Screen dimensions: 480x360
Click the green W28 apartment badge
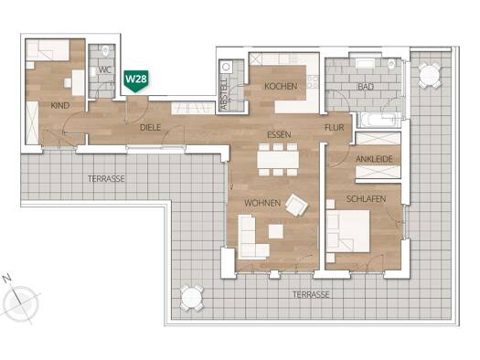[136, 81]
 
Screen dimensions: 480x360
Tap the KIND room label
[60, 106]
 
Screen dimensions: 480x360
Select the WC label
[105, 69]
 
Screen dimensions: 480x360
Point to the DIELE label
[150, 128]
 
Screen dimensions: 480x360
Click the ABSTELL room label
[224, 93]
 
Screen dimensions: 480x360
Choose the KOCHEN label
[281, 86]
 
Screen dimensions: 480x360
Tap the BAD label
[366, 87]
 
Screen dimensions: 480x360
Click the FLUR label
[335, 128]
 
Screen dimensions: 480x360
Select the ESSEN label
[279, 135]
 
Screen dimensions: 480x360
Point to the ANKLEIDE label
[374, 159]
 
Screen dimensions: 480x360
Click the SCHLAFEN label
[366, 199]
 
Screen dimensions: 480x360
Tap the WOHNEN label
[262, 203]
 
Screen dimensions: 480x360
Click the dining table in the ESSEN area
[278, 159]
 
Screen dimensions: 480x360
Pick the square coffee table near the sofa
[276, 231]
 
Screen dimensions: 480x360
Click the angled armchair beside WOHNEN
[296, 206]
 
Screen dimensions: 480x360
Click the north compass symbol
[20, 302]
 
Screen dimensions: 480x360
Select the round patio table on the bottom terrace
[192, 298]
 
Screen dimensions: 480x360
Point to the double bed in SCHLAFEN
[348, 231]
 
